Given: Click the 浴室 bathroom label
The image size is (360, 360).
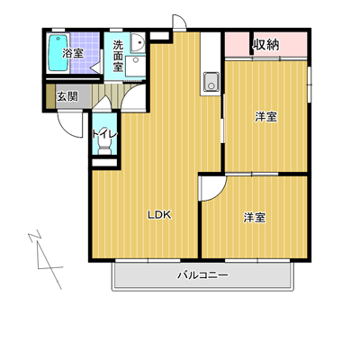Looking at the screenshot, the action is tap(73, 53).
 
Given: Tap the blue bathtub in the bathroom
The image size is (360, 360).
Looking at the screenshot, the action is tap(58, 53).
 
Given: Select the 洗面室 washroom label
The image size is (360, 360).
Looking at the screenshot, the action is tap(118, 56).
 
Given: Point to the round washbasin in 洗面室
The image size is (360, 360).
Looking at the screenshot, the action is tap(139, 42).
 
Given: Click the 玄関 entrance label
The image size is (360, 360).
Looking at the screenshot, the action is tap(67, 96).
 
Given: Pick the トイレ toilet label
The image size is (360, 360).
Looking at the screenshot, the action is tap(104, 134).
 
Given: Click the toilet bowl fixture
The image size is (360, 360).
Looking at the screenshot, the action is tap(104, 147).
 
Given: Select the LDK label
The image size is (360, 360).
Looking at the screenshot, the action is tap(159, 214).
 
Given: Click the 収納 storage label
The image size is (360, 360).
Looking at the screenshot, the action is tap(265, 45).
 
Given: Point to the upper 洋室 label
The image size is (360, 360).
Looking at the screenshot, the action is tap(266, 117).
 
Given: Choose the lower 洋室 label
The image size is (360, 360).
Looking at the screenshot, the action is tap(255, 218).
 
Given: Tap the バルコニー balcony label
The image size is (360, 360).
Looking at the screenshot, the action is tap(202, 274).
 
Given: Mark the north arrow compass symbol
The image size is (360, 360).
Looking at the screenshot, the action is tap(45, 260).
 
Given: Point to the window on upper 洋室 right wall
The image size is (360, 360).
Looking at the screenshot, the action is tap(310, 85).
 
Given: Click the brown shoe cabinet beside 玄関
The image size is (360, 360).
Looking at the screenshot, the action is tap(51, 96).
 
